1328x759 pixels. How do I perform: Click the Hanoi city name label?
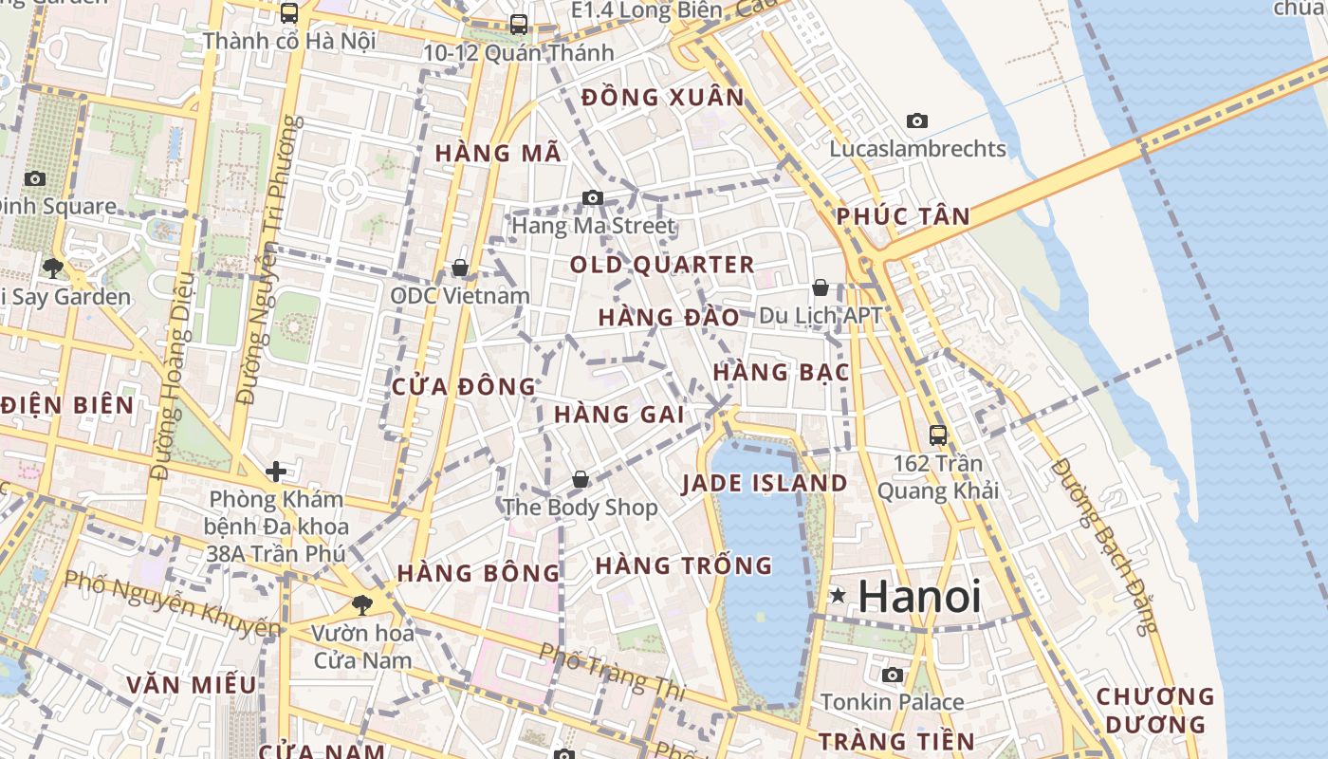tap(919, 597)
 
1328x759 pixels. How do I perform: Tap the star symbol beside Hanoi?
tap(838, 596)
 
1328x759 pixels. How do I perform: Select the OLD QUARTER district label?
tap(662, 265)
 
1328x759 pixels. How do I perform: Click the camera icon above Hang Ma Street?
tap(593, 197)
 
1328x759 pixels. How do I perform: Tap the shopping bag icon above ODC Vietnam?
tap(460, 268)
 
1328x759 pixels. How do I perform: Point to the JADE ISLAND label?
tap(765, 483)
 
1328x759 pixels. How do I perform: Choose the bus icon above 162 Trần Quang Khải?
tap(937, 435)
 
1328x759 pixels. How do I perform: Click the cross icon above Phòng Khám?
tap(276, 471)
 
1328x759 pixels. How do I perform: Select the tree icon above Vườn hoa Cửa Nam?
tap(361, 604)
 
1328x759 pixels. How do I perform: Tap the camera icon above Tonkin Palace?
tap(892, 675)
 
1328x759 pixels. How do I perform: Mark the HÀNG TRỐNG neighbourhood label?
tap(683, 566)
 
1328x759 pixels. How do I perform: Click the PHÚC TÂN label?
tap(903, 217)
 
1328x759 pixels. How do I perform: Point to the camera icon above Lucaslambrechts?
tap(916, 120)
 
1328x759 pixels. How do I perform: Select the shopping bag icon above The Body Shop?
tap(580, 480)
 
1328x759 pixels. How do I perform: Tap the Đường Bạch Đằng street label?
tap(1105, 546)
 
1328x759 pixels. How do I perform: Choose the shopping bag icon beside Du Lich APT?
tap(821, 287)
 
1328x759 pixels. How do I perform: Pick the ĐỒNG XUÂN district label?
tap(663, 98)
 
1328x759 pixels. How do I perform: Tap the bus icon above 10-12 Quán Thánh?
tap(518, 25)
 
